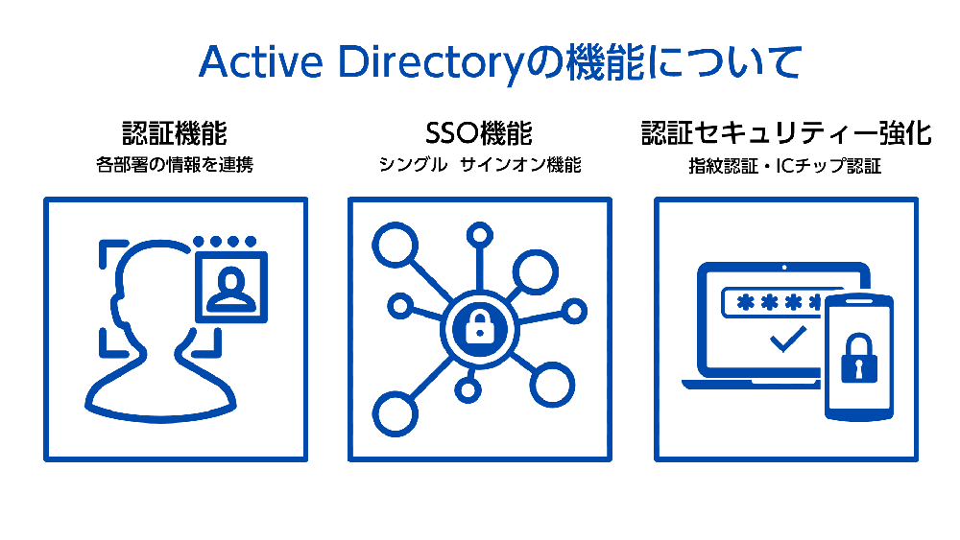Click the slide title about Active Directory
[x=500, y=62]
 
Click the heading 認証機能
[x=175, y=133]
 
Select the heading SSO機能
[x=479, y=133]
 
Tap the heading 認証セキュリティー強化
[x=786, y=133]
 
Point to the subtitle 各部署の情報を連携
[x=175, y=165]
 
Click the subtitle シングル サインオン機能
[x=479, y=165]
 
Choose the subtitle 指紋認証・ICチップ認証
[x=785, y=166]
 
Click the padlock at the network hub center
[x=479, y=327]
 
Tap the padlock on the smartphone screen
[x=859, y=359]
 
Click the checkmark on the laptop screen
[x=788, y=340]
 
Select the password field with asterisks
[x=773, y=302]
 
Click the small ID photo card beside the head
[x=231, y=286]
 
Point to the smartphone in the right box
[x=859, y=357]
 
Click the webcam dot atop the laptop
[x=784, y=268]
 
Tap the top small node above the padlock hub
[x=479, y=235]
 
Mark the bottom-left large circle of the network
[x=395, y=414]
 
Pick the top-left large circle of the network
[x=395, y=245]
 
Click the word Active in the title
[x=261, y=62]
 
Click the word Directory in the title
[x=431, y=63]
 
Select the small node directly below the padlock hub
[x=468, y=390]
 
